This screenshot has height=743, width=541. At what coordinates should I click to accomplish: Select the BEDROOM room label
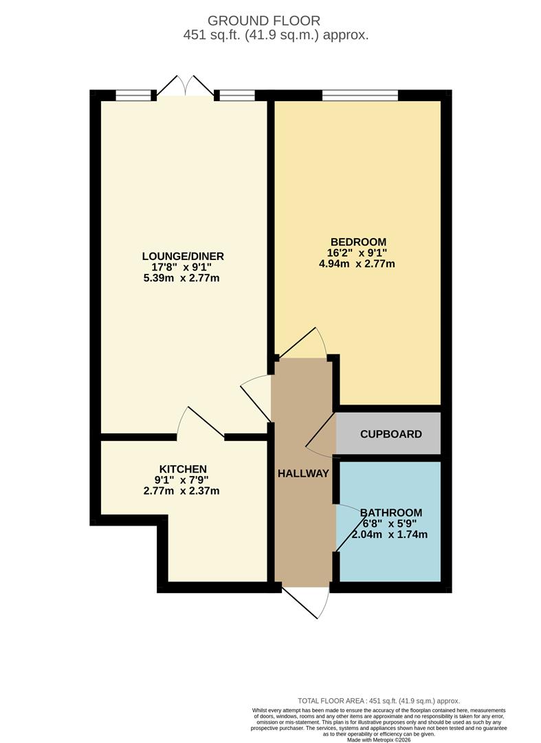coord(358,242)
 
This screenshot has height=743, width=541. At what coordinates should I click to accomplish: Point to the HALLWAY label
coord(303,473)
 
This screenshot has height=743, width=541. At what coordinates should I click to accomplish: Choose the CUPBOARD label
coord(390,434)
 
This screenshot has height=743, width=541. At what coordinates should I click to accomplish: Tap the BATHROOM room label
coord(391,513)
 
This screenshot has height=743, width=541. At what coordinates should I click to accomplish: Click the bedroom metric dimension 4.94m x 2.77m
coord(358,263)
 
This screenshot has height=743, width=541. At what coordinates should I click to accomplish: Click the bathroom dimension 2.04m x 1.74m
coord(390,535)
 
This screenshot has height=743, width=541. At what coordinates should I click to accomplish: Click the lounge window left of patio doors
coord(133,96)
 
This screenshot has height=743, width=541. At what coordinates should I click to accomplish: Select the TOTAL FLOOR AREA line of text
coord(377,700)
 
